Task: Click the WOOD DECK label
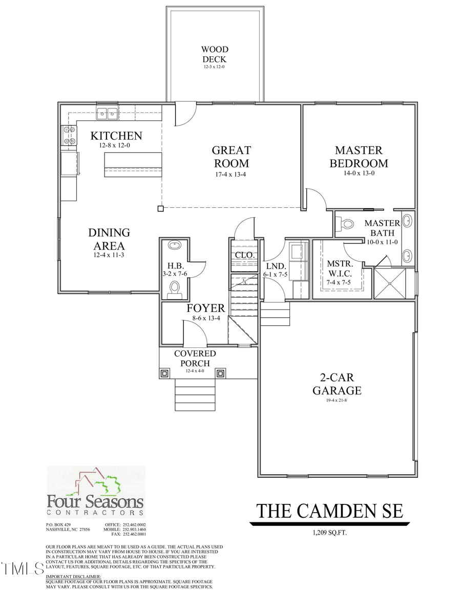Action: click(215, 54)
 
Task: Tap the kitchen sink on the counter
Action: click(108, 113)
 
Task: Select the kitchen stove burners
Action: click(69, 136)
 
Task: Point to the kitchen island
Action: click(133, 164)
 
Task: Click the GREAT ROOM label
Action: click(232, 157)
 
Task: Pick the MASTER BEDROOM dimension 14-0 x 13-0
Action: click(359, 173)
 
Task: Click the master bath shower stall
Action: click(390, 283)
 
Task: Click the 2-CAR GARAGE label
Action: click(338, 384)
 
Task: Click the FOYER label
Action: click(205, 308)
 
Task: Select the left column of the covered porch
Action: click(164, 373)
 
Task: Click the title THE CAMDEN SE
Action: click(329, 511)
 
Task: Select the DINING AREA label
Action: click(109, 239)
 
